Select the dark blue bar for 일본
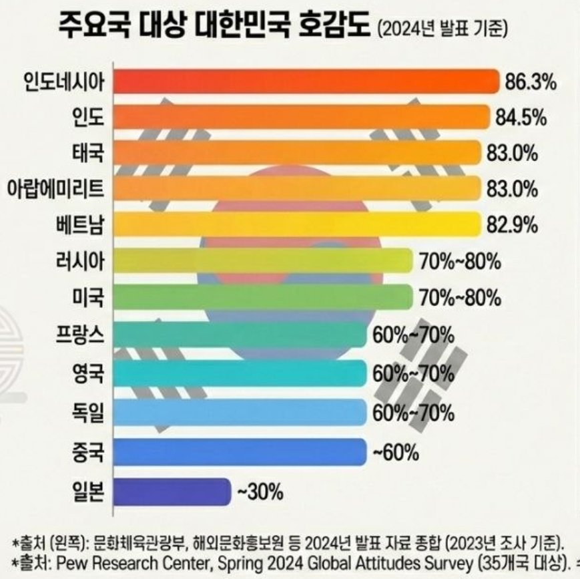pyautogui.click(x=172, y=493)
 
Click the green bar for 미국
pyautogui.click(x=262, y=297)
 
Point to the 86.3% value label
pyautogui.click(x=531, y=83)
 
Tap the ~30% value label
pyautogui.click(x=260, y=494)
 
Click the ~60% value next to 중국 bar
pyautogui.click(x=395, y=454)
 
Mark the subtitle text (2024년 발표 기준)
pyautogui.click(x=443, y=30)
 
